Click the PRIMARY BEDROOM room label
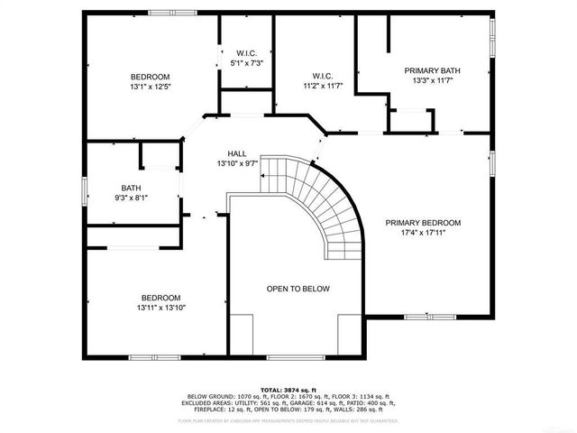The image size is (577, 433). pyautogui.click(x=423, y=223)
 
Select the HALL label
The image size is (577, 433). pyautogui.click(x=237, y=154)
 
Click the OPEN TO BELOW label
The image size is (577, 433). pyautogui.click(x=298, y=289)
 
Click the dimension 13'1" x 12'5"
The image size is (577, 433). pyautogui.click(x=151, y=88)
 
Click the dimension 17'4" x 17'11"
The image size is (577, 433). pyautogui.click(x=423, y=233)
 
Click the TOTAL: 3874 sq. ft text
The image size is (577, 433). pyautogui.click(x=288, y=389)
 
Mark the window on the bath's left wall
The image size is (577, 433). pyautogui.click(x=85, y=190)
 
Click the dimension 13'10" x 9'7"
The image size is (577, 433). pyautogui.click(x=237, y=164)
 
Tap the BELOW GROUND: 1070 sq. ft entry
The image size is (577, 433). pyautogui.click(x=215, y=396)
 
